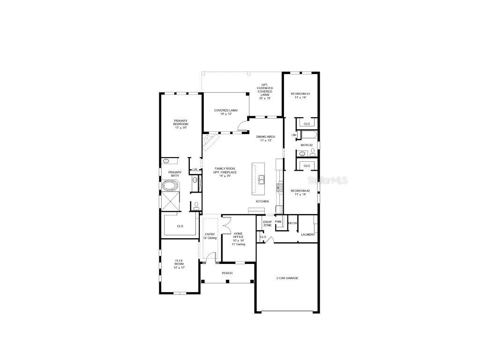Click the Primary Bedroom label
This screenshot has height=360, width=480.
181,124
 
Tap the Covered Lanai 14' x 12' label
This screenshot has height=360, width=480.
226,112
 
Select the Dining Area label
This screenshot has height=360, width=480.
265,139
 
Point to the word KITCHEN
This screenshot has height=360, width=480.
262,201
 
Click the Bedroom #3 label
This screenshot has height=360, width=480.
300,96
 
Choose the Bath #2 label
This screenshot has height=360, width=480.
307,145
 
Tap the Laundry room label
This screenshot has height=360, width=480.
308,234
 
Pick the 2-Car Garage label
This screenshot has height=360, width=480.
287,278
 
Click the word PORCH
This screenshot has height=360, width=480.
227,273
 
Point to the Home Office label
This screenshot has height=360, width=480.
239,239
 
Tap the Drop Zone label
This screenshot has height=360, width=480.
267,224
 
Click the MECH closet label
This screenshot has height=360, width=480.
292,223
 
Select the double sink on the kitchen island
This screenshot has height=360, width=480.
262,178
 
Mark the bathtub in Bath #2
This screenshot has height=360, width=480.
309,136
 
